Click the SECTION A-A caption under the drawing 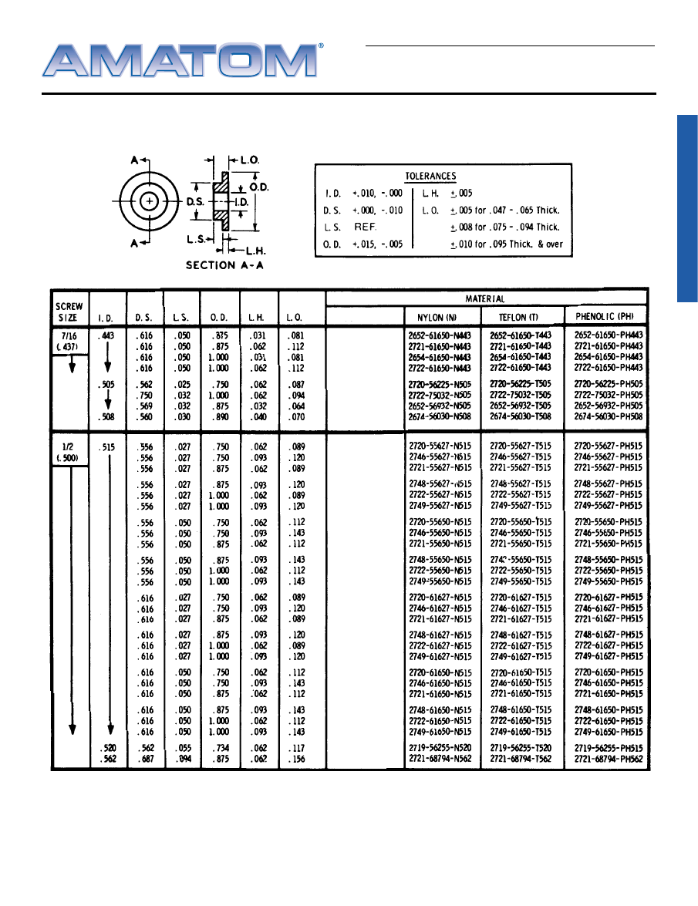pyautogui.click(x=221, y=265)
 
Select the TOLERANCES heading pyautogui.click(x=430, y=177)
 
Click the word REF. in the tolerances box pyautogui.click(x=365, y=227)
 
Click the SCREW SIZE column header pyautogui.click(x=70, y=312)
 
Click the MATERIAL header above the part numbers pyautogui.click(x=485, y=298)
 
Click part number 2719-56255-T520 pyautogui.click(x=521, y=748)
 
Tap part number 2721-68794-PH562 pyautogui.click(x=609, y=759)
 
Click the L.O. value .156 pyautogui.click(x=295, y=759)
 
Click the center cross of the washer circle pyautogui.click(x=150, y=200)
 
